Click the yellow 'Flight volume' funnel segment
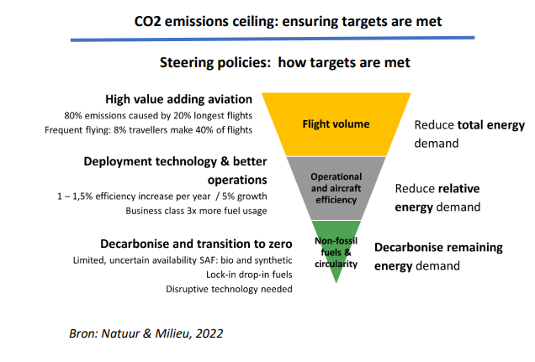pos(336,124)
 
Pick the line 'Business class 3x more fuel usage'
pos(196,210)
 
